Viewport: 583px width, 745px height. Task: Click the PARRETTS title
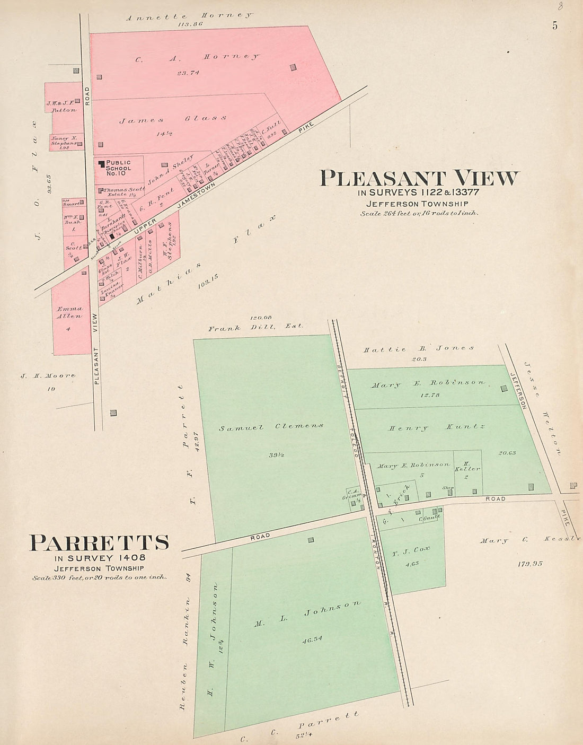[100, 542]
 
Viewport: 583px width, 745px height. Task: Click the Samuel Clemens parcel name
[271, 426]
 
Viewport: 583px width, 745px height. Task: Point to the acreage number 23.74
[188, 73]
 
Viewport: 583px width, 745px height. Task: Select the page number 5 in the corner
[554, 25]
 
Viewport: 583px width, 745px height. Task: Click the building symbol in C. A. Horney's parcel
[293, 67]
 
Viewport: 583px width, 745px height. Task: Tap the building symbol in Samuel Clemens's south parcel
[311, 540]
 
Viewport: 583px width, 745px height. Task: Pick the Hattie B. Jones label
[419, 348]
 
